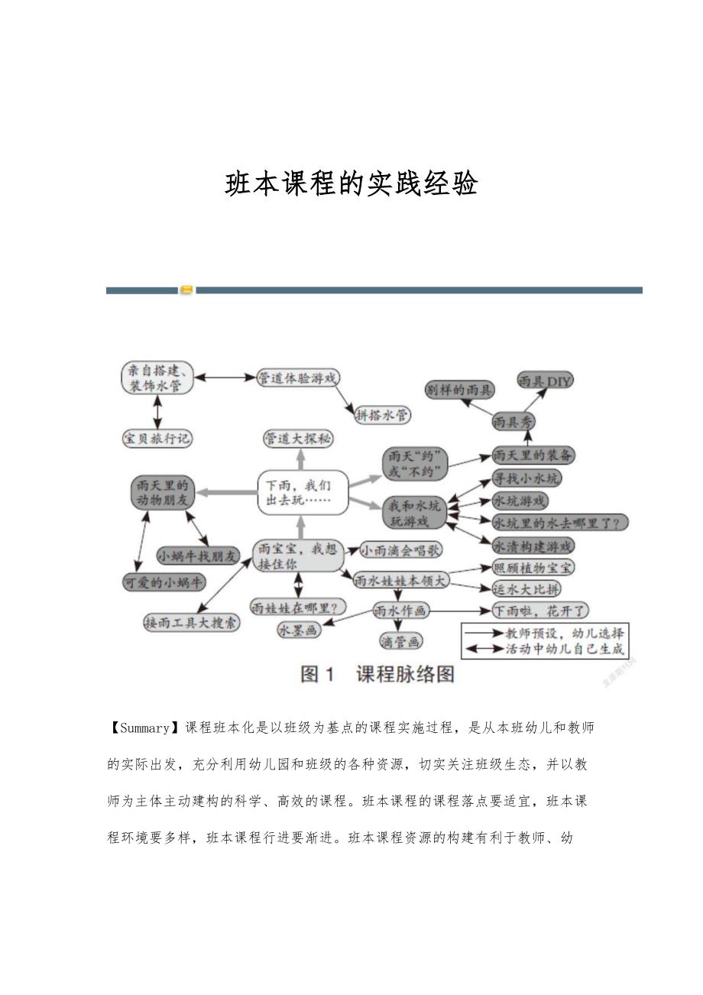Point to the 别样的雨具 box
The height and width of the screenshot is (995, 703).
coord(458,390)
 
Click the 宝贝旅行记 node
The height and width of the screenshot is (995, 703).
coord(157,439)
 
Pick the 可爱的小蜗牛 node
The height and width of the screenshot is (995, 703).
coord(164,582)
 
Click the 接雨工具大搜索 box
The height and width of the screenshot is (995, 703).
coord(192,623)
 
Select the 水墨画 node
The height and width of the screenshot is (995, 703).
coord(299,630)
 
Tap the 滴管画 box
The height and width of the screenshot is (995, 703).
coord(400,641)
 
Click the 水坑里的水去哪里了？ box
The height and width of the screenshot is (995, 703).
coord(560,523)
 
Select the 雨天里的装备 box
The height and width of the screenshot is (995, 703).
coord(533,455)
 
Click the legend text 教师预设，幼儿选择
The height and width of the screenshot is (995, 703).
coord(565,633)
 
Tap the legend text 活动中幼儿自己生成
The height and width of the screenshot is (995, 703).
coord(565,650)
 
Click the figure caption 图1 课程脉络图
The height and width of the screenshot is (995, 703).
coord(378,674)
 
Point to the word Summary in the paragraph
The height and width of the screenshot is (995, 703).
coord(144,728)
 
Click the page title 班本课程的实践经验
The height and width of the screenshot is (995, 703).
coord(351,184)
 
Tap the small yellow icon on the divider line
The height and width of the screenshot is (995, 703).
coord(186,290)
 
